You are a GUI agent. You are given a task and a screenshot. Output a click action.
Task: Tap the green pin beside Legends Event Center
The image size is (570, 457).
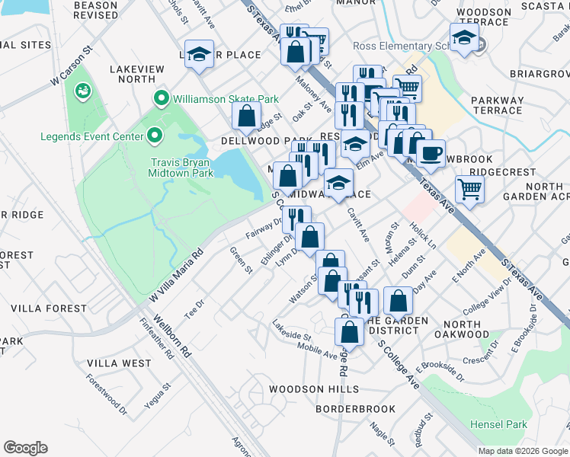coord(155,136)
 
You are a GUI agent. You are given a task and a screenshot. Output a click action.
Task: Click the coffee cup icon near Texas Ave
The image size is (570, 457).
coord(431,152)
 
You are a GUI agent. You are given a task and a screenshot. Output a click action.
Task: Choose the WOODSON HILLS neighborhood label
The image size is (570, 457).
coord(313,389)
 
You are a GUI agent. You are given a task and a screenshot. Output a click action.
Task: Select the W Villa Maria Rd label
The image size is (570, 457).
coord(177,272)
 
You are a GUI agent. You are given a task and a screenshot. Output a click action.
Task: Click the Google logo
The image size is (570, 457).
coord(25,448)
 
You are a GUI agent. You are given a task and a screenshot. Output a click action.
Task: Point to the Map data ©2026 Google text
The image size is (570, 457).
coord(522,451)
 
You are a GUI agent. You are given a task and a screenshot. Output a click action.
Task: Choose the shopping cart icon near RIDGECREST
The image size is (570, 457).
coord(470,188)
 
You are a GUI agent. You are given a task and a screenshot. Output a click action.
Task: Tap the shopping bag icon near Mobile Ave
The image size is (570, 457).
coord(349,331)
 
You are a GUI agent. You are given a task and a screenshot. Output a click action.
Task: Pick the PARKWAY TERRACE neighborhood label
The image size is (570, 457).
coord(498,105)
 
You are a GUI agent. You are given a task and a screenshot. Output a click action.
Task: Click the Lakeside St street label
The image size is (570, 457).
coord(292,331)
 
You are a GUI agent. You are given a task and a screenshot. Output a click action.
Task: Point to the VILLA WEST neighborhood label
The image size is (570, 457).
coord(119,363)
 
